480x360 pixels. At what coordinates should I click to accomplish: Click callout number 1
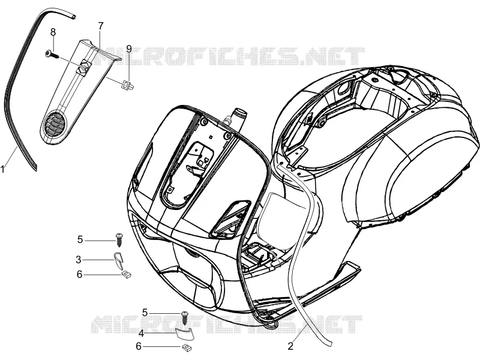pyautogui.click(x=3, y=169)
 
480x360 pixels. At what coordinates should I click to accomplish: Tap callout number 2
pyautogui.click(x=290, y=346)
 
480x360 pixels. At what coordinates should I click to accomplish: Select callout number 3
pyautogui.click(x=79, y=260)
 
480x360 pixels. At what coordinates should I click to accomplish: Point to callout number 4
pyautogui.click(x=141, y=333)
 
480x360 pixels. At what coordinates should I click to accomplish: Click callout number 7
pyautogui.click(x=101, y=26)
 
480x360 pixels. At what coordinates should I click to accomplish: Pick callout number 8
pyautogui.click(x=53, y=32)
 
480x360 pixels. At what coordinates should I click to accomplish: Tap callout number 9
pyautogui.click(x=129, y=49)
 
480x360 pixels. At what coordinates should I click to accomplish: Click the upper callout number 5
pyautogui.click(x=80, y=239)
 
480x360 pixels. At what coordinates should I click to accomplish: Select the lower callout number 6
pyautogui.click(x=139, y=346)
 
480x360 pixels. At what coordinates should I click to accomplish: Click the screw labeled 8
pyautogui.click(x=51, y=54)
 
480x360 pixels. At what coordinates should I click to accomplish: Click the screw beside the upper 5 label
pyautogui.click(x=119, y=239)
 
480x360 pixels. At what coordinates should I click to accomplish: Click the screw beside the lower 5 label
pyautogui.click(x=184, y=318)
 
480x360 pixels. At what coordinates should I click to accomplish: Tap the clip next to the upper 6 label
pyautogui.click(x=126, y=275)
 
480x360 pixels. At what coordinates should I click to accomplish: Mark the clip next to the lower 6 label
pyautogui.click(x=187, y=347)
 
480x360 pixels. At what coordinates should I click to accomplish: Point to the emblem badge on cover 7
pyautogui.click(x=84, y=67)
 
